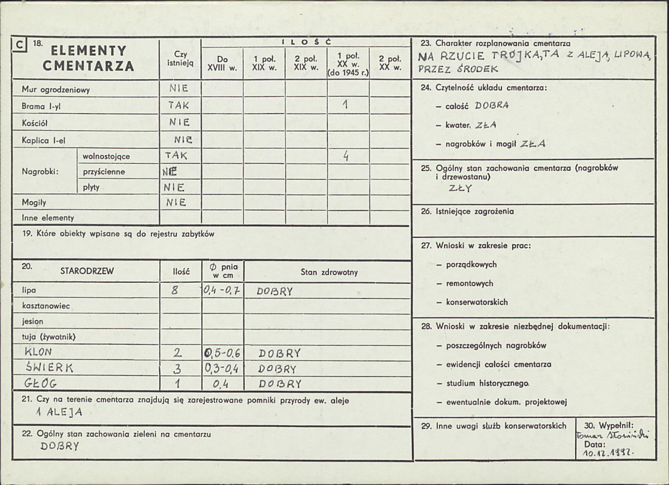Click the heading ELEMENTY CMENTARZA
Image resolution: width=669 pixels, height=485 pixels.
89,58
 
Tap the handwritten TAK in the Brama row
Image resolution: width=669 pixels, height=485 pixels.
179,105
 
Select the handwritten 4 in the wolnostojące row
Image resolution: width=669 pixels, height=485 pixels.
346,157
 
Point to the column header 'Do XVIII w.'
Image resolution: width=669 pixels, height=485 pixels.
222,63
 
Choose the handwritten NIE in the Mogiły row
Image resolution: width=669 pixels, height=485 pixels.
175,202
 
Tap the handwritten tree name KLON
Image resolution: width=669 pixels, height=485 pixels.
39,352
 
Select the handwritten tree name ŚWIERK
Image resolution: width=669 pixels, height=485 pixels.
50,367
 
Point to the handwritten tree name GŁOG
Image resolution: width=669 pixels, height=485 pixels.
40,383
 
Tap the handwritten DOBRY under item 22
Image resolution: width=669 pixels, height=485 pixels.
60,446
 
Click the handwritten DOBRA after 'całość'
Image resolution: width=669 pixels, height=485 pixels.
491,105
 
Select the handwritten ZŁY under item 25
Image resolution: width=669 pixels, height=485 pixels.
461,188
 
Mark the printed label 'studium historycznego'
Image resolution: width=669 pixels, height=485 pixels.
487,383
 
